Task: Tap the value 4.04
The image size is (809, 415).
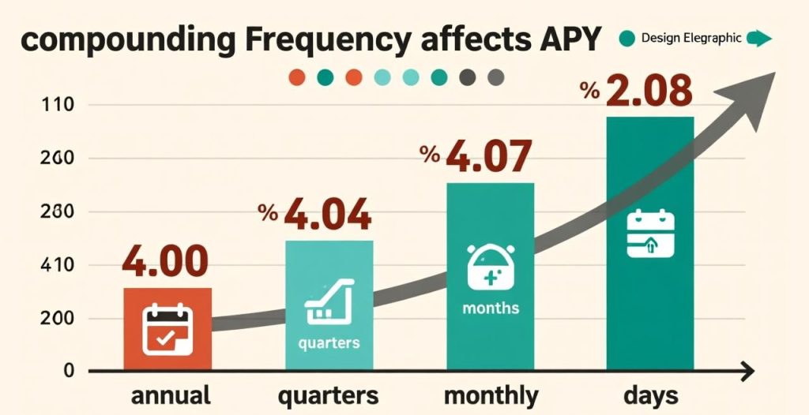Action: (327, 215)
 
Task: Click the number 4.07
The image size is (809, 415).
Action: (487, 156)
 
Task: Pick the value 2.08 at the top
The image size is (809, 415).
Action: (649, 92)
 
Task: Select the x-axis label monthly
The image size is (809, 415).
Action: (491, 394)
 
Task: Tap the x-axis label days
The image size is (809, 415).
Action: (649, 394)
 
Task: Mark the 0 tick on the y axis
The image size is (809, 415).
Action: (69, 371)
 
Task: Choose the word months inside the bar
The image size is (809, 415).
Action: (491, 307)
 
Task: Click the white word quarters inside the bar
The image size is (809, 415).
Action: (329, 343)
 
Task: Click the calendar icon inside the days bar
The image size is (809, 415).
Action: (649, 234)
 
